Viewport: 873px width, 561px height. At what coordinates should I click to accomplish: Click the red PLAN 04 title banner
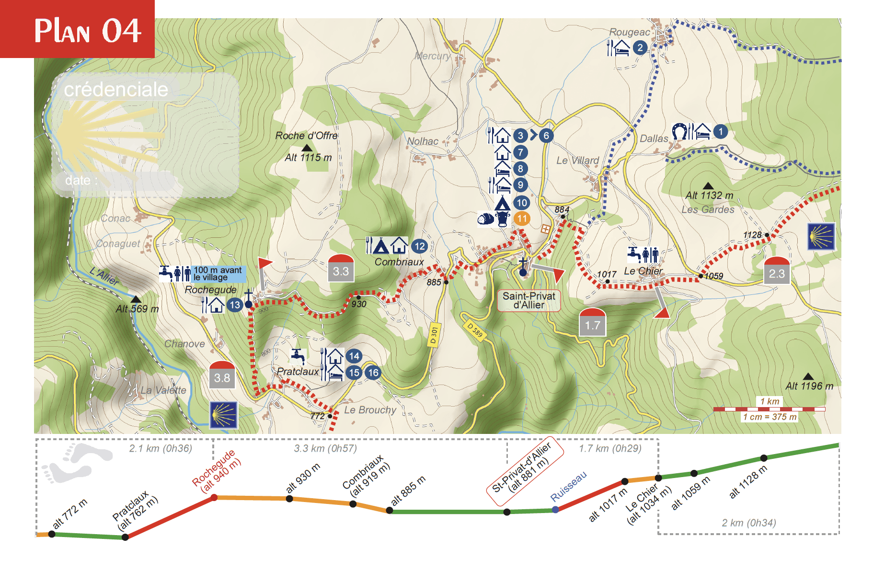pos(77,29)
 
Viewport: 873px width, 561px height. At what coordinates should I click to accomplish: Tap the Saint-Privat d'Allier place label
pos(528,301)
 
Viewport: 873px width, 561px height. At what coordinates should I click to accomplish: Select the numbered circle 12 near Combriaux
pos(419,246)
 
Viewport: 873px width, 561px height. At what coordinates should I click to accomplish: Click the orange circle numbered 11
pos(522,219)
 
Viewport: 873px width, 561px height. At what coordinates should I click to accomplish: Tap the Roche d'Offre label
pos(307,136)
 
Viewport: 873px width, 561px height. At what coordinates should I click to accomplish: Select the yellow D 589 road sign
pos(475,330)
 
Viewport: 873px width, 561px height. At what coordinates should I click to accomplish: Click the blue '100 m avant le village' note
pos(218,274)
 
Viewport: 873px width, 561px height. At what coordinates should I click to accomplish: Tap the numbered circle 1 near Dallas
pos(720,131)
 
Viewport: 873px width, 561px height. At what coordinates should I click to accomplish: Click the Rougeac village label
pos(629,32)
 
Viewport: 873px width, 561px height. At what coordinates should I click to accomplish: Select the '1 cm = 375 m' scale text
pos(770,417)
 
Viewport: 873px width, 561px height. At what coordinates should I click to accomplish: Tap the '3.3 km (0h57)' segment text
pos(325,448)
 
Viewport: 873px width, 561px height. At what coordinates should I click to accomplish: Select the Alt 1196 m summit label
pos(809,386)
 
